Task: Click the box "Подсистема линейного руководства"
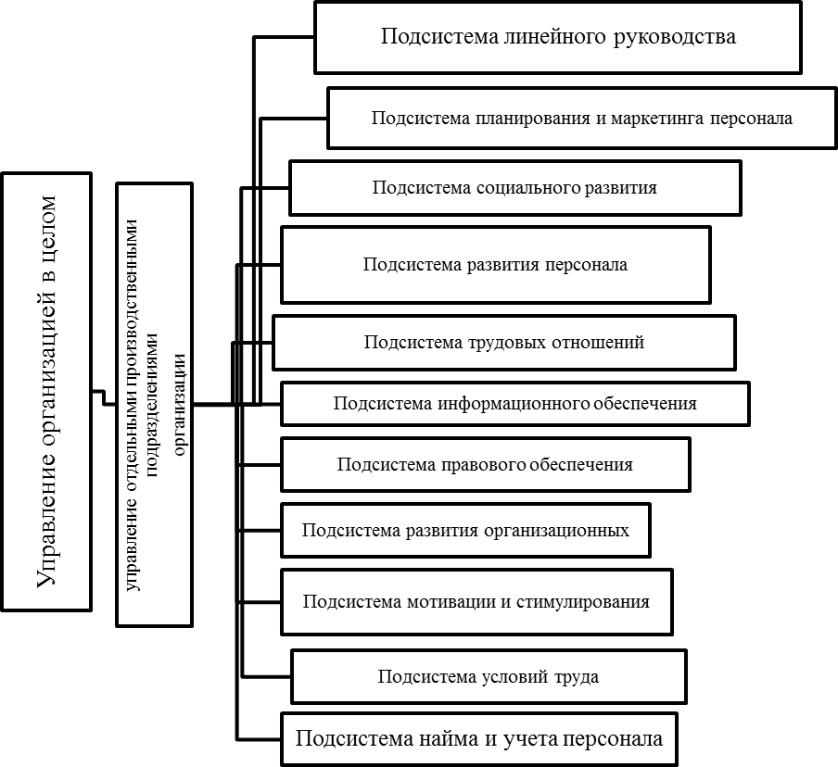tap(557, 38)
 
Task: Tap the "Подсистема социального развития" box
tap(514, 188)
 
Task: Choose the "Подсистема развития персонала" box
tap(495, 265)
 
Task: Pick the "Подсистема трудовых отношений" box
tap(503, 343)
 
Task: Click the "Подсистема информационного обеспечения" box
tap(514, 404)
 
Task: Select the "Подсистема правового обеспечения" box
tap(485, 465)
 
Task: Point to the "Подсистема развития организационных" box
tap(465, 531)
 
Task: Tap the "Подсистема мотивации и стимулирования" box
tap(476, 601)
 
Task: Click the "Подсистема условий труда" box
tap(489, 677)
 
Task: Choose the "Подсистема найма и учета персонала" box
tap(479, 738)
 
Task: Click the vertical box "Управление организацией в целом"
tap(46, 391)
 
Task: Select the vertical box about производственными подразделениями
tap(155, 405)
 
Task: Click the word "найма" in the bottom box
tap(457, 738)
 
